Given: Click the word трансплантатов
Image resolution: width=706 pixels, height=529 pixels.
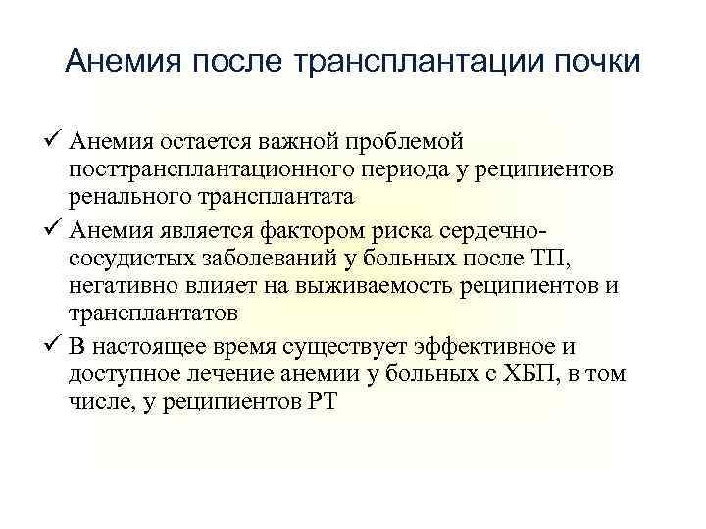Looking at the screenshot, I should pos(154,313).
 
